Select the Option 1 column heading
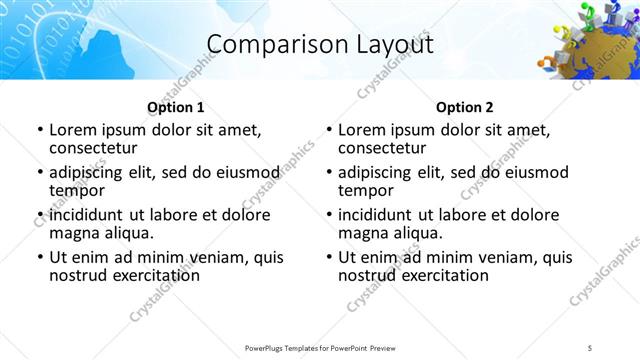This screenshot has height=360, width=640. (x=175, y=107)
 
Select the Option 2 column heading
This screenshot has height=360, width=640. (x=464, y=107)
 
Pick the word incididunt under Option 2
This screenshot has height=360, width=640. (x=377, y=215)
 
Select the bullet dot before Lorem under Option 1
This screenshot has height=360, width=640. (x=39, y=130)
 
